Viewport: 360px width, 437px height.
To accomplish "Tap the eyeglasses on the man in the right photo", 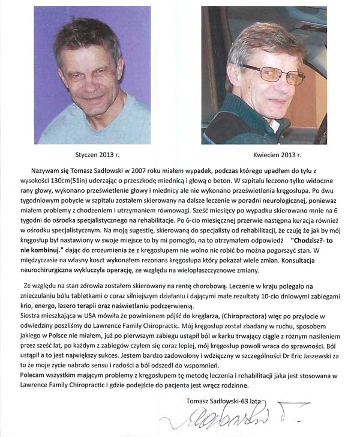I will (x=272, y=74).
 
